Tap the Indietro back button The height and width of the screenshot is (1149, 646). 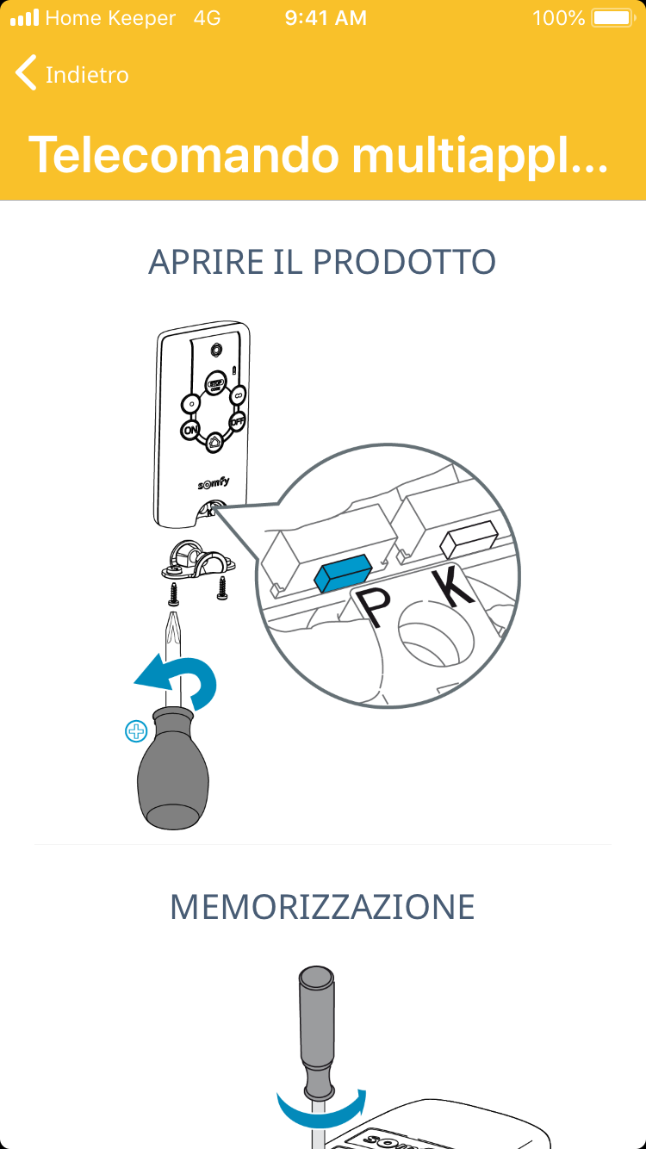point(71,74)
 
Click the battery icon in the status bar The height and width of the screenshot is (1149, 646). point(613,18)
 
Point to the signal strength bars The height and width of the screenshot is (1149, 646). point(24,18)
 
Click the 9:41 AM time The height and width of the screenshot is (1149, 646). point(326,18)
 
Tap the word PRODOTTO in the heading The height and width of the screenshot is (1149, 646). point(404,262)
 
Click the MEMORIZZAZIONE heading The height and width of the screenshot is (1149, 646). point(322,908)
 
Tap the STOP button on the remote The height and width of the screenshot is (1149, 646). point(216,382)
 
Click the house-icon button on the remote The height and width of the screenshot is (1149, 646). point(214,442)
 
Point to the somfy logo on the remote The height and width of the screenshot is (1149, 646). point(214,482)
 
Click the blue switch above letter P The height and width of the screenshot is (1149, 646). point(342,573)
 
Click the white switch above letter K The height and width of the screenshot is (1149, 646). point(469,539)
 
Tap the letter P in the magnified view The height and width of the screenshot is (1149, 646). point(374,606)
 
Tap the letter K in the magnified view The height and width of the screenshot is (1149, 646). point(451,587)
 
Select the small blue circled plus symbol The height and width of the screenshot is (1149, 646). point(136,731)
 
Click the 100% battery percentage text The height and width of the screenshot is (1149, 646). point(559,18)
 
